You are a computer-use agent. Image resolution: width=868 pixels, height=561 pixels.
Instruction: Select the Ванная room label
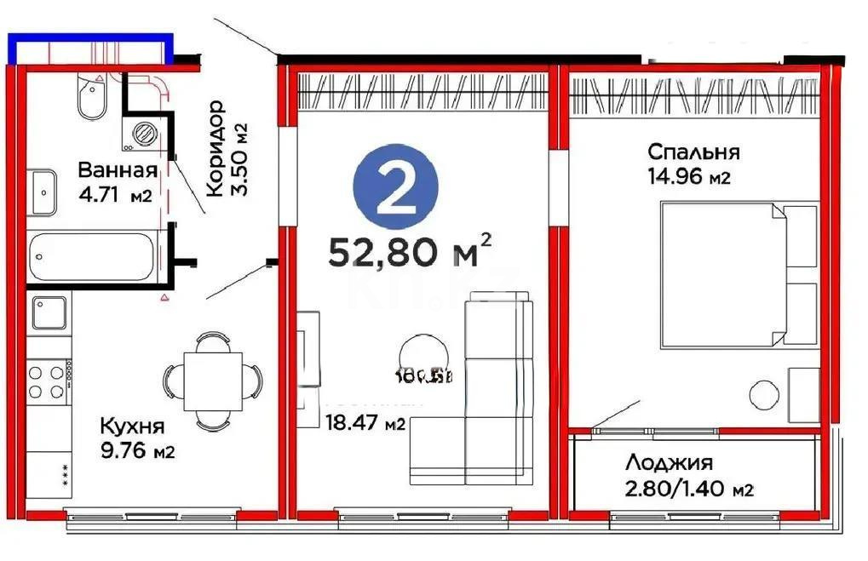click(118, 169)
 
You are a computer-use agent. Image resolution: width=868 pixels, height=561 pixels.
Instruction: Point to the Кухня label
click(132, 426)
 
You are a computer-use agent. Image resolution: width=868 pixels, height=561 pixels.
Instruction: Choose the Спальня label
click(693, 152)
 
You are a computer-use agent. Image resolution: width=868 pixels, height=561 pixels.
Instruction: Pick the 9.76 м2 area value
click(137, 451)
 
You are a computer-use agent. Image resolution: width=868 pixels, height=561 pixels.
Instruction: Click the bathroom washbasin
click(43, 192)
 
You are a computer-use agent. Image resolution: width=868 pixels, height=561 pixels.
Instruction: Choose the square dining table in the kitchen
click(212, 381)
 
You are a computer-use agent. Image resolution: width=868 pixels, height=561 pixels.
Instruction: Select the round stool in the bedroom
click(763, 393)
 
